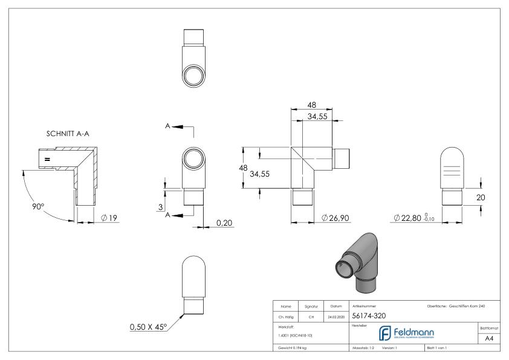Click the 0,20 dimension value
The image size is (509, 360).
coord(223,223)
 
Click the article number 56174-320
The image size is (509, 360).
coord(370,316)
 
